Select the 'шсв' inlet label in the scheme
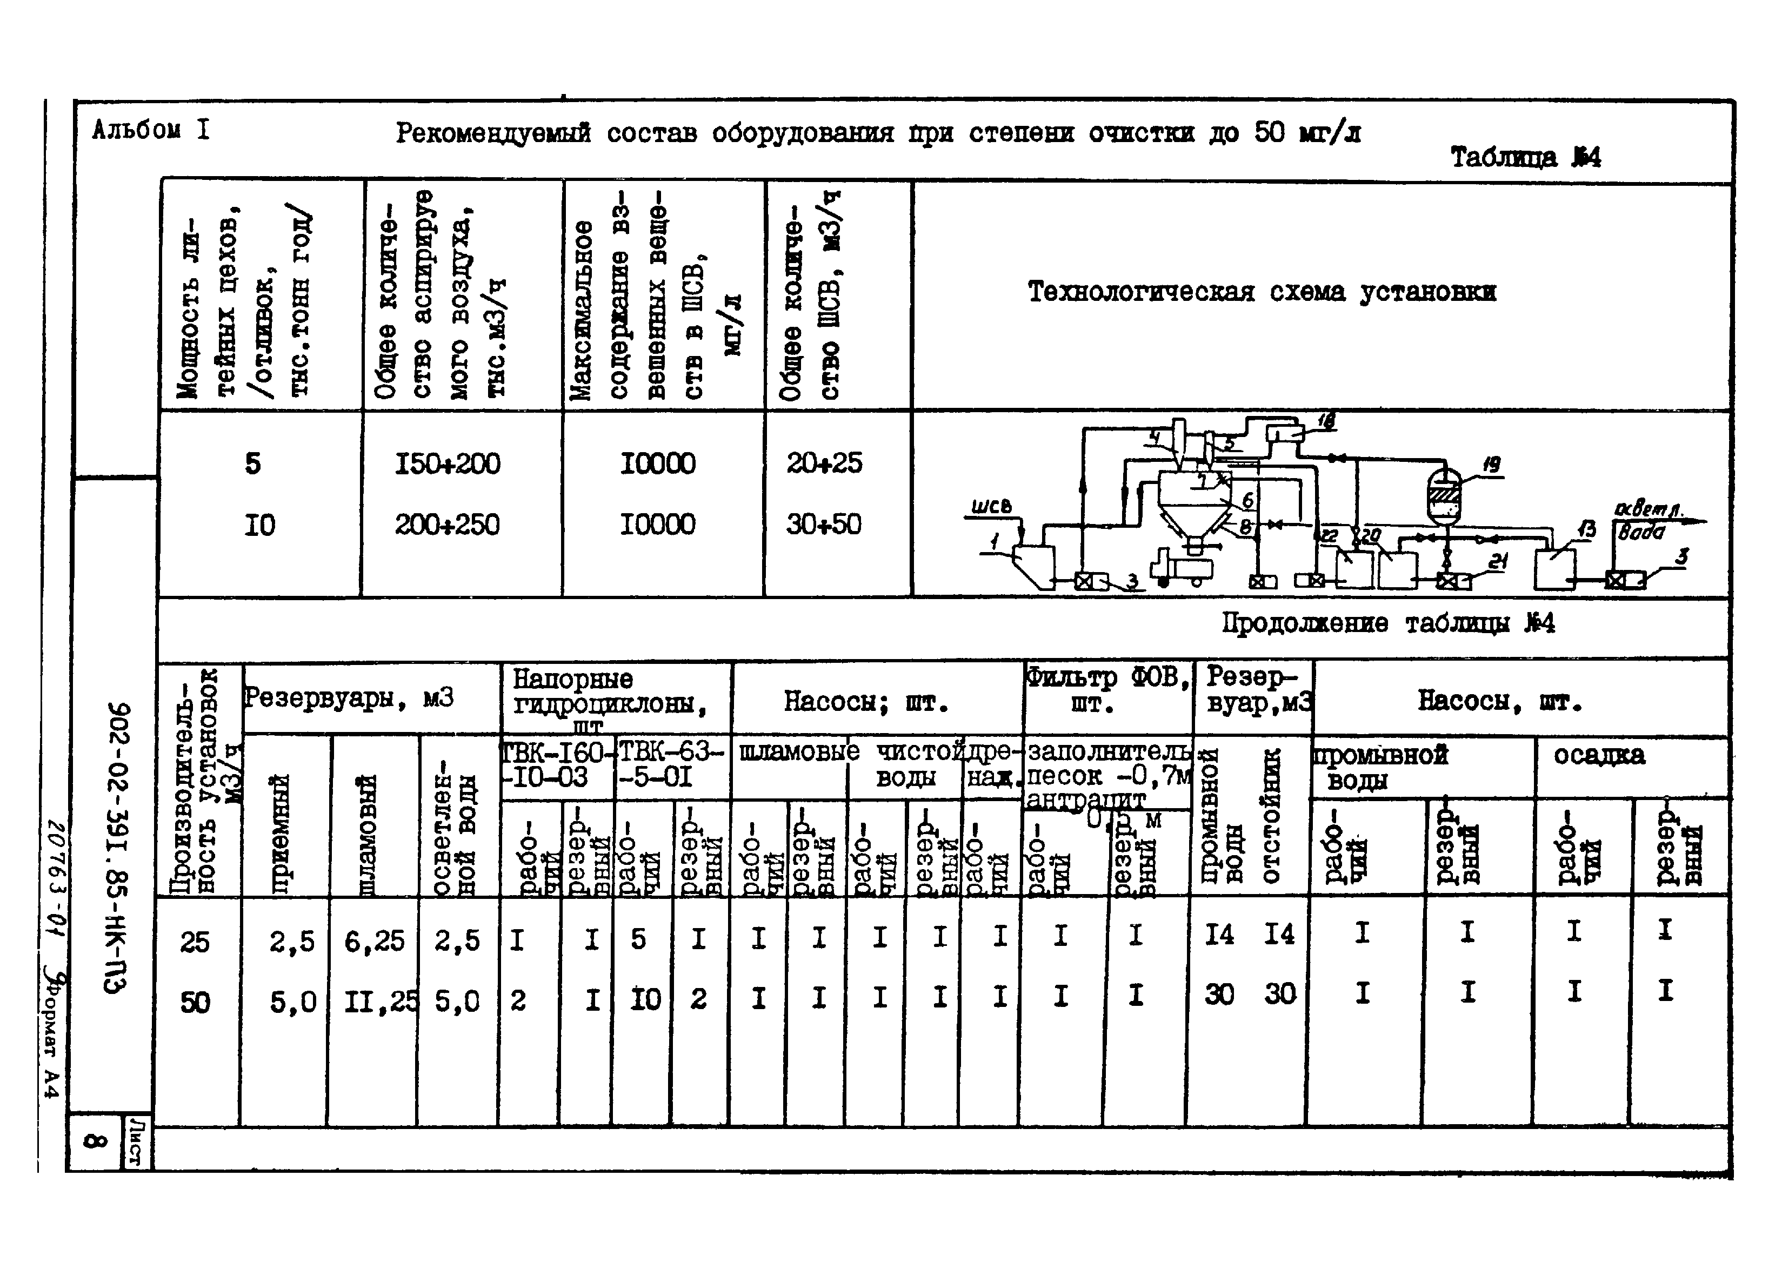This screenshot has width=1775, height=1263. pyautogui.click(x=991, y=507)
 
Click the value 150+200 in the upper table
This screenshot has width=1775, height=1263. pyautogui.click(x=448, y=464)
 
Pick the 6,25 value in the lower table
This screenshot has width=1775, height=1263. pyautogui.click(x=375, y=942)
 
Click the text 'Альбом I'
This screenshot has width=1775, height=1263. pyautogui.click(x=150, y=130)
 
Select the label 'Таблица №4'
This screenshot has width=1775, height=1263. pyautogui.click(x=1525, y=158)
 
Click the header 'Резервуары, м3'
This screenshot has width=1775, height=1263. pyautogui.click(x=348, y=698)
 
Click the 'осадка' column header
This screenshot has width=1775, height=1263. pyautogui.click(x=1599, y=755)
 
